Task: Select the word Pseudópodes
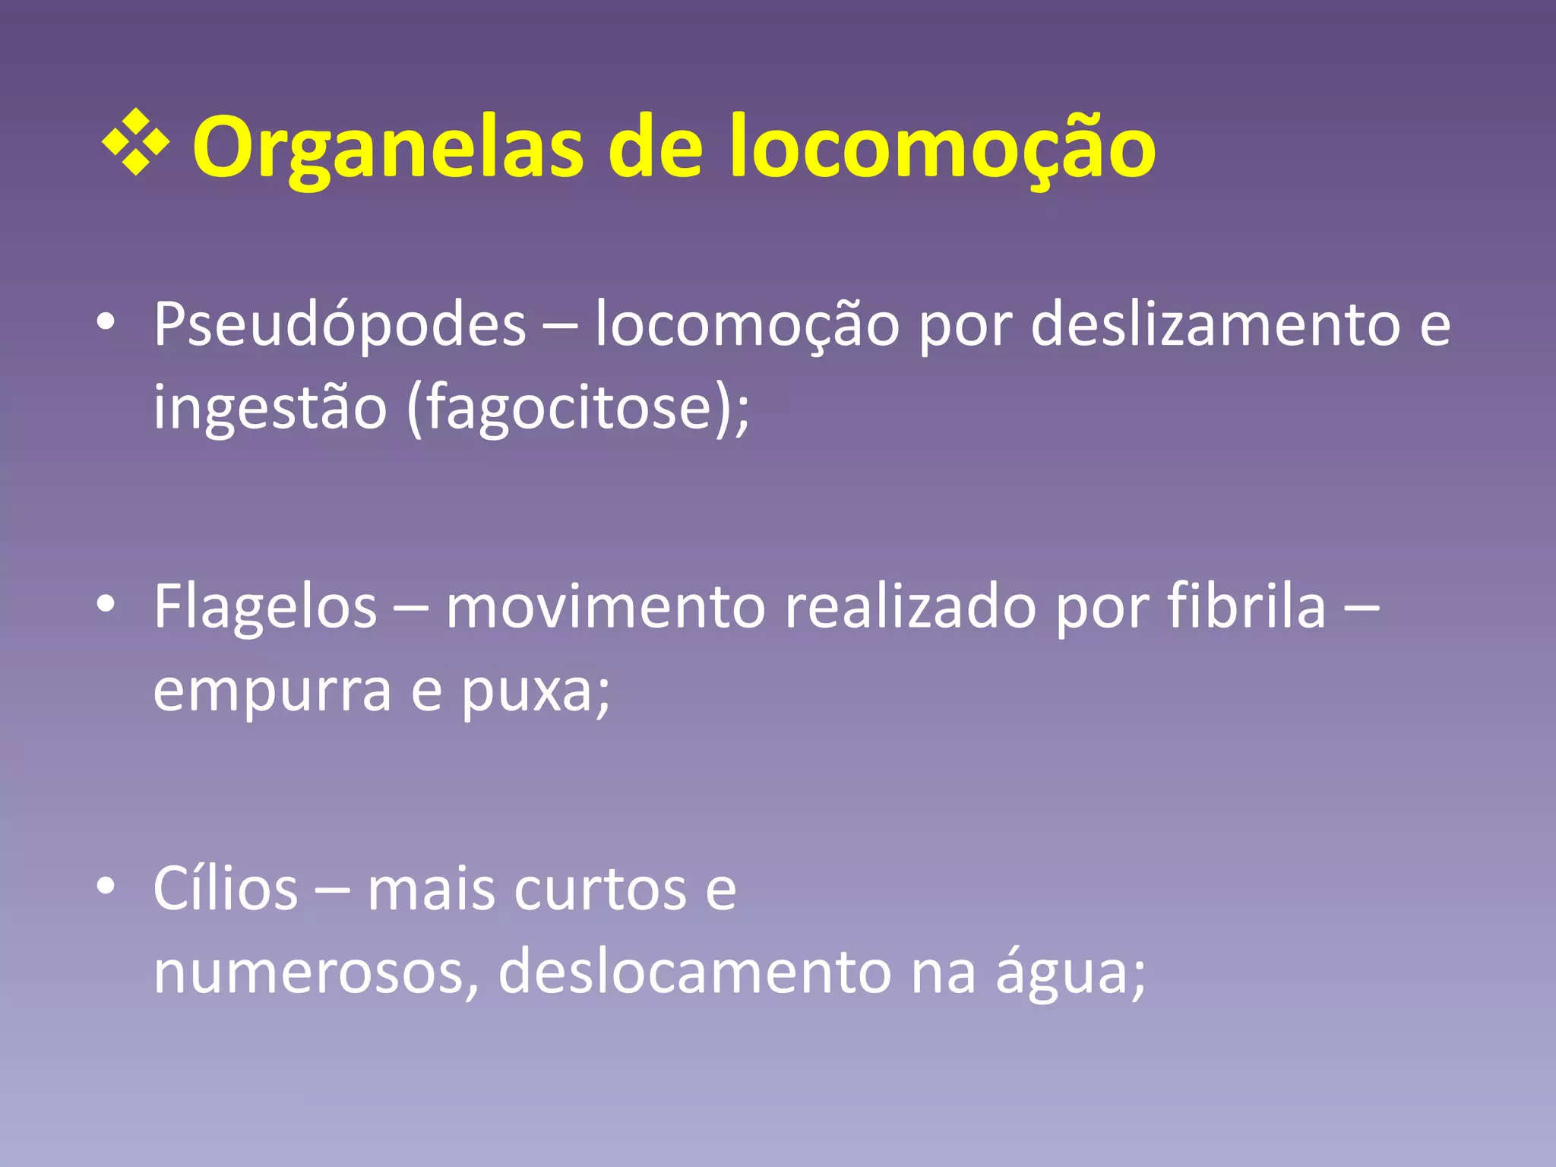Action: (340, 325)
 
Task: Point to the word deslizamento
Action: (1215, 325)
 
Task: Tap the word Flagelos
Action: (265, 607)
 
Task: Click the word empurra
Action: (272, 691)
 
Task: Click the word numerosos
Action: (312, 972)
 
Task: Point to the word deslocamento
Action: (694, 972)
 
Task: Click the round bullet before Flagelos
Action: (106, 604)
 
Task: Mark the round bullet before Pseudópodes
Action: (106, 322)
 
